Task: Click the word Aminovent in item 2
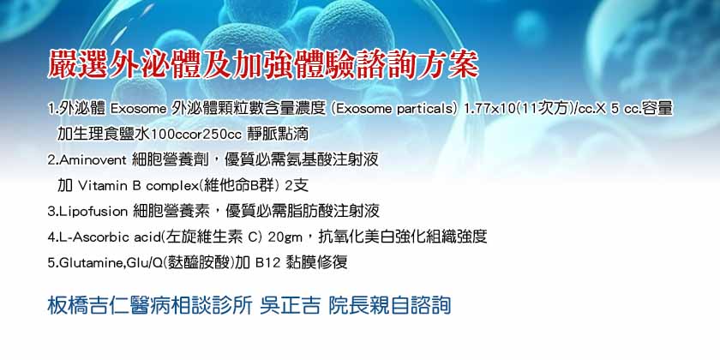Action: click(93, 160)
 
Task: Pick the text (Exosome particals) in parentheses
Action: click(394, 110)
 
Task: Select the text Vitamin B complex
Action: click(131, 186)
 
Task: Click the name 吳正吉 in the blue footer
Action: click(290, 306)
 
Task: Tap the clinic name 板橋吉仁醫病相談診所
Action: click(150, 306)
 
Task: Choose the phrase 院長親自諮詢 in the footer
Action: click(389, 306)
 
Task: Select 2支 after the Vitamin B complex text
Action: click(297, 186)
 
